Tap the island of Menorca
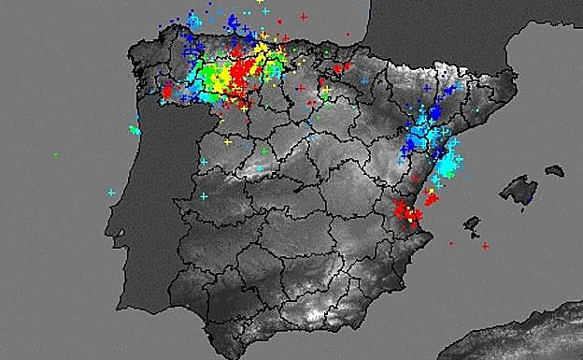(554, 171)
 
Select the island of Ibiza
(472, 224)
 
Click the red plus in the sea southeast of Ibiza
(486, 246)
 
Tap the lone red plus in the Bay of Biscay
(304, 17)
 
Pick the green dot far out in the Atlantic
(55, 153)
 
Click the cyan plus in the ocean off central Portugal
(111, 193)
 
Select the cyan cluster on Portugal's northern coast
(135, 130)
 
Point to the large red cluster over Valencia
(406, 212)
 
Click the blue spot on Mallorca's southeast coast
(528, 199)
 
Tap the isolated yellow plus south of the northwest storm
(227, 141)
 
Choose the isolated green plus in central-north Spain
(264, 151)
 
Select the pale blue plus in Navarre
(363, 80)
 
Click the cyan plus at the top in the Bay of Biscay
(265, 11)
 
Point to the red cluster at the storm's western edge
(168, 91)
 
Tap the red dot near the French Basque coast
(348, 36)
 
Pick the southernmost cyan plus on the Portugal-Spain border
(203, 195)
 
